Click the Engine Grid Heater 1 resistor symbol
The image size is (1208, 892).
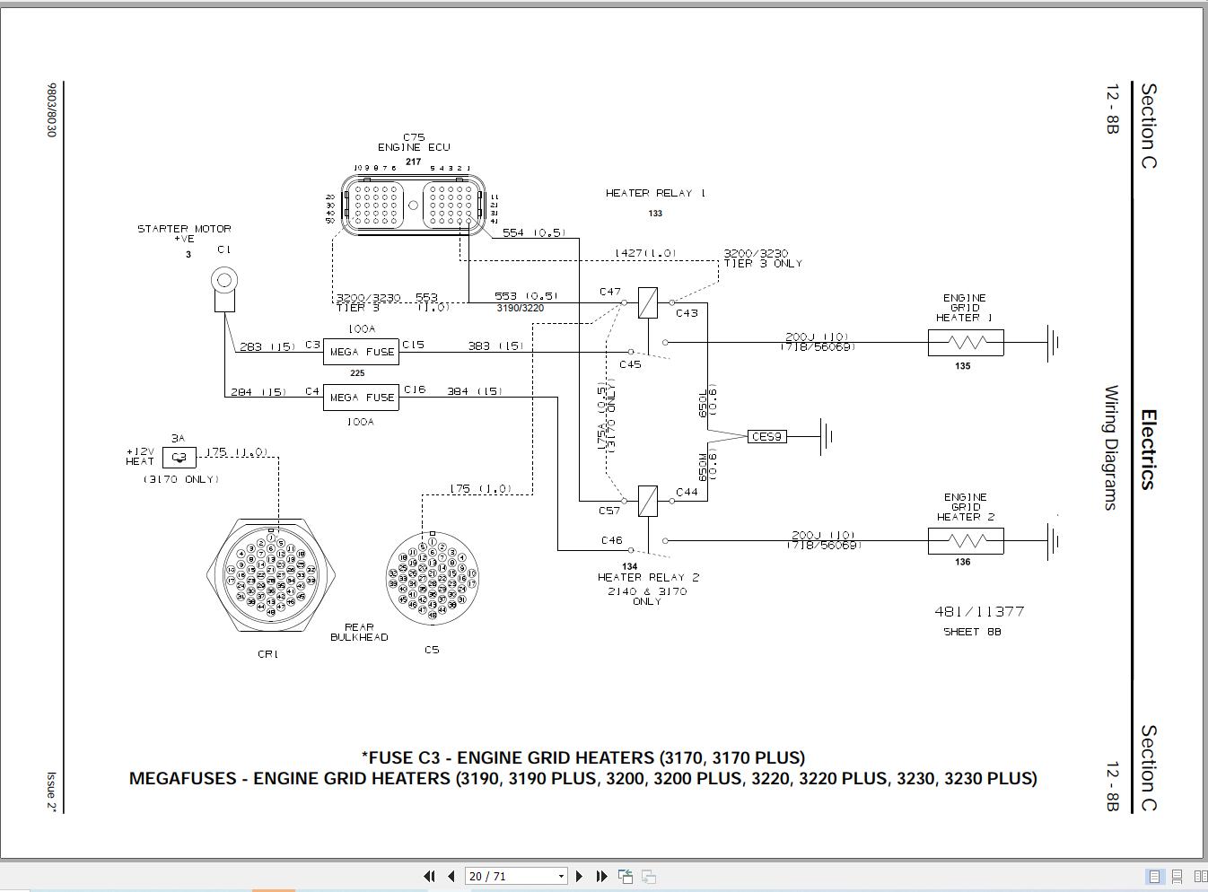point(966,343)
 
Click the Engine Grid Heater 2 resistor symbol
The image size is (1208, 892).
point(966,541)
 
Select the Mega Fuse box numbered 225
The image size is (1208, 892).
point(361,352)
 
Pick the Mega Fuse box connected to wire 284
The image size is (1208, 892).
point(361,398)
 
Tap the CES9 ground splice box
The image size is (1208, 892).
point(766,437)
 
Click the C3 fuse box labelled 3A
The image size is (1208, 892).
point(179,457)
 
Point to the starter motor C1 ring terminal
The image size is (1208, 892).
point(223,281)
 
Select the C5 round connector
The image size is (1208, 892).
point(433,578)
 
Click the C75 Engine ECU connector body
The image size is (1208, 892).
point(413,206)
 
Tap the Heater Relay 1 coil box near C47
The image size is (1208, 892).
point(647,303)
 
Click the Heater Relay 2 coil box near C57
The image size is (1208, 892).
point(647,501)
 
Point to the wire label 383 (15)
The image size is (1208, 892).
point(495,345)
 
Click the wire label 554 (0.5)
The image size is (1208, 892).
point(533,232)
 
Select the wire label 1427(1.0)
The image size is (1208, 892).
point(645,253)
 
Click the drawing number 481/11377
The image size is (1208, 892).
point(978,611)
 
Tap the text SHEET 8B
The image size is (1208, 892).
point(971,632)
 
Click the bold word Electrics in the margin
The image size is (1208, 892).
point(1148,449)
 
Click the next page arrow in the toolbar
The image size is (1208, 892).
point(579,876)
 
